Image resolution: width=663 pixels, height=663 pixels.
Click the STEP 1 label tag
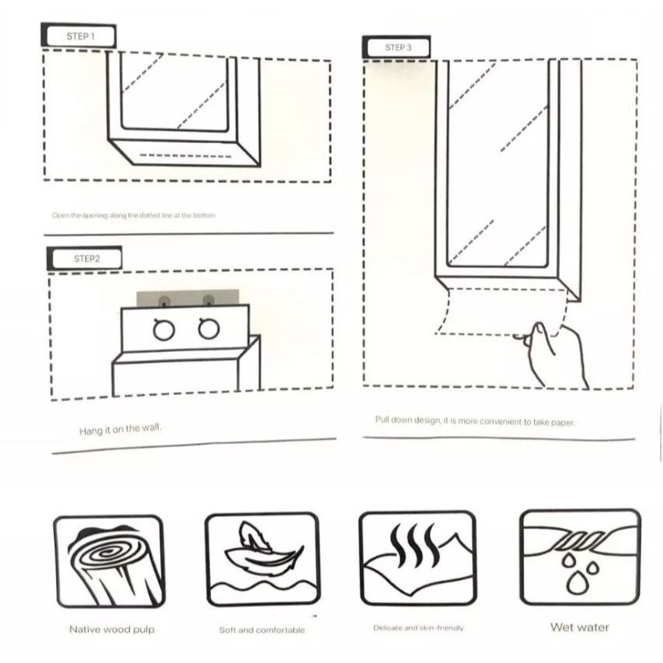point(79,36)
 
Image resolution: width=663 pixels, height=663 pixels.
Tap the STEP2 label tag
point(86,259)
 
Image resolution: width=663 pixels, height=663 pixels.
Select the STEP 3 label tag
point(398,47)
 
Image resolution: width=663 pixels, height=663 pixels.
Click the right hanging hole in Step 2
point(208,330)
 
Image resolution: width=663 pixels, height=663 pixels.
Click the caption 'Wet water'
point(580,626)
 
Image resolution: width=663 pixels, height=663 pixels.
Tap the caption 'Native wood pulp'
point(112,629)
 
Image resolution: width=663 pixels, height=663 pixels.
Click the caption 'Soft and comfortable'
point(262,630)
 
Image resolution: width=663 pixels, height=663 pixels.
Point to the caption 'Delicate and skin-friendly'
point(418,627)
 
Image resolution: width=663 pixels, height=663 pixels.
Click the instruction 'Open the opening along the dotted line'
point(134,215)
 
